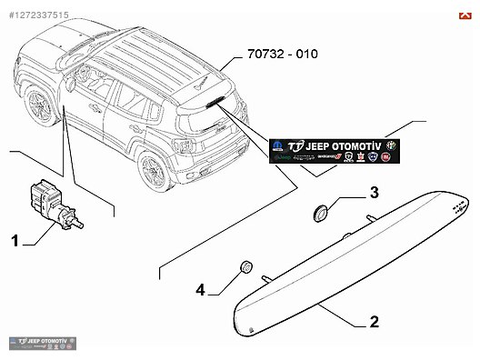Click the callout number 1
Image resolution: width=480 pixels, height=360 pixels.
15,241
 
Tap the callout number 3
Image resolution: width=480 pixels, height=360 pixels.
374,193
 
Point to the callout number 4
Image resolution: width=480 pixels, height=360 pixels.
200,290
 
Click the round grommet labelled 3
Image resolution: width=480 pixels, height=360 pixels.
320,212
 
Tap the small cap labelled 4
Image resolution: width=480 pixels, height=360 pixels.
244,267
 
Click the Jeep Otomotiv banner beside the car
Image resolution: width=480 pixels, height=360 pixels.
332,150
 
